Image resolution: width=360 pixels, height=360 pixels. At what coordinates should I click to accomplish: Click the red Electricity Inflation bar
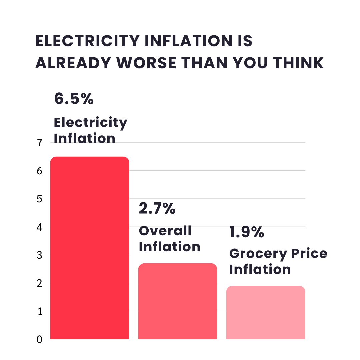point(90,248)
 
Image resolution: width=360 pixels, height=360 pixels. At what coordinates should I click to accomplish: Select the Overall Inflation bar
point(178,301)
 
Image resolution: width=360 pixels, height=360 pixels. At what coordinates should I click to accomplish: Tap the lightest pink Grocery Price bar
point(266,312)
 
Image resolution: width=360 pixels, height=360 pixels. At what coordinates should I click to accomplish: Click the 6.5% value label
point(74,99)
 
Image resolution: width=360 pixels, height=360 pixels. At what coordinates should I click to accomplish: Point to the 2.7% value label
point(157,208)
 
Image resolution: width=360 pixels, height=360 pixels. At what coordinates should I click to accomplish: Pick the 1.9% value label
point(247,232)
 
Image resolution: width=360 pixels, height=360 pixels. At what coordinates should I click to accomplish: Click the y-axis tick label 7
point(40,143)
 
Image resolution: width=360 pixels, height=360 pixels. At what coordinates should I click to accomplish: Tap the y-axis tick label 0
point(39,339)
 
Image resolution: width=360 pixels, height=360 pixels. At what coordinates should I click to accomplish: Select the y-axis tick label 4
point(39,227)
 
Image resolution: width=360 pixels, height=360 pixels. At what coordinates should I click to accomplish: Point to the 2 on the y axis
point(39,283)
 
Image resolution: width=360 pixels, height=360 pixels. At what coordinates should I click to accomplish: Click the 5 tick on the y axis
point(39,199)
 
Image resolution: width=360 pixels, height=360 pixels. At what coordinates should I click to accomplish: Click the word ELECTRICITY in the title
point(87,41)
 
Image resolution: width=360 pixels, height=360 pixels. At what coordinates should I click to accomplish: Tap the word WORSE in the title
point(146,63)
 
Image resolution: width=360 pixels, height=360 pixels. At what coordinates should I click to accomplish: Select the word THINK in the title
point(298,63)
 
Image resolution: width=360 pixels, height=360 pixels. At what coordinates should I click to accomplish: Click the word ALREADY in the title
point(73,63)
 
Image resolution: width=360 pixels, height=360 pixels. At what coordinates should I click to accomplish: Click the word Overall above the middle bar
point(165,231)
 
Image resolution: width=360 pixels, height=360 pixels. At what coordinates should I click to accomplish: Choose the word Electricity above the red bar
point(90,123)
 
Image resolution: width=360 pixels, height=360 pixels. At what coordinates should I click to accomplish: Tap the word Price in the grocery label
point(309,253)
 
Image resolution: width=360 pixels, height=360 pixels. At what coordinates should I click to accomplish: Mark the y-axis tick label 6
point(39,171)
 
